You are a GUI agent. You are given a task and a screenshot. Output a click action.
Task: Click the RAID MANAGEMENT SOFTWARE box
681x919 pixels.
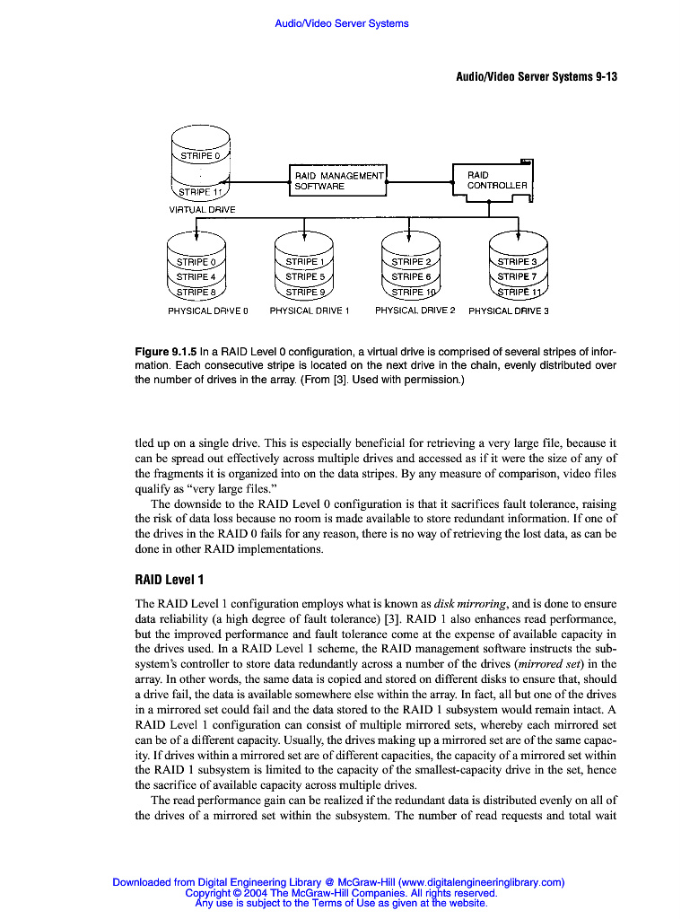(337, 180)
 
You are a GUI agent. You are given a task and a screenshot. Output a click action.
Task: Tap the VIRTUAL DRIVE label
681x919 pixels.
(202, 210)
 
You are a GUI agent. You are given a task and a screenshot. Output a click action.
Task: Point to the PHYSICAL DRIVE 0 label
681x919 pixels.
(207, 311)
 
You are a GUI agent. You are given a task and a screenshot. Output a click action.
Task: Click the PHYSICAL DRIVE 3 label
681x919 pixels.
(508, 311)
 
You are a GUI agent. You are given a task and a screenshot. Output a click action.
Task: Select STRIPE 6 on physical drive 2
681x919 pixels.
(411, 276)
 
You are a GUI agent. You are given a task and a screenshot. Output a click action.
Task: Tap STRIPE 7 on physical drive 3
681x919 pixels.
(517, 276)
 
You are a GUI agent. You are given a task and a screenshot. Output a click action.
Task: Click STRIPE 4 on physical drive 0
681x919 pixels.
(196, 276)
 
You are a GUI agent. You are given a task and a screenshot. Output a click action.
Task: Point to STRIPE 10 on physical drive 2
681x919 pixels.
(413, 292)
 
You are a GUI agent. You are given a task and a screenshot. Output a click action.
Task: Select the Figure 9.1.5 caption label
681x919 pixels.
(165, 351)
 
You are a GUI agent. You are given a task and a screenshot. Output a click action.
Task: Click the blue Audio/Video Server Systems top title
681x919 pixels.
(341, 23)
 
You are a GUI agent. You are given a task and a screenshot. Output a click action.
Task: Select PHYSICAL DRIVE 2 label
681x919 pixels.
(415, 311)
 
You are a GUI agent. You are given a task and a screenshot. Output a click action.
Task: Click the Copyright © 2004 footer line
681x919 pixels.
(341, 893)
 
